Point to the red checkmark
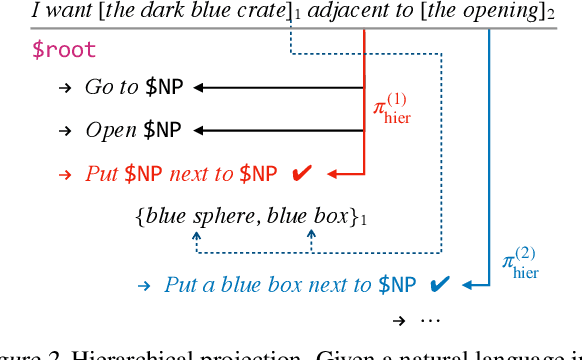[301, 173]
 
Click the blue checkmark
[437, 285]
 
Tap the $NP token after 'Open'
[164, 130]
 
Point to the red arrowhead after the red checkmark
[333, 173]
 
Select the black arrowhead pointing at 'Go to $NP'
[201, 87]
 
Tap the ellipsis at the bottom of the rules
[431, 321]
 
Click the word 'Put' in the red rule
[101, 173]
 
